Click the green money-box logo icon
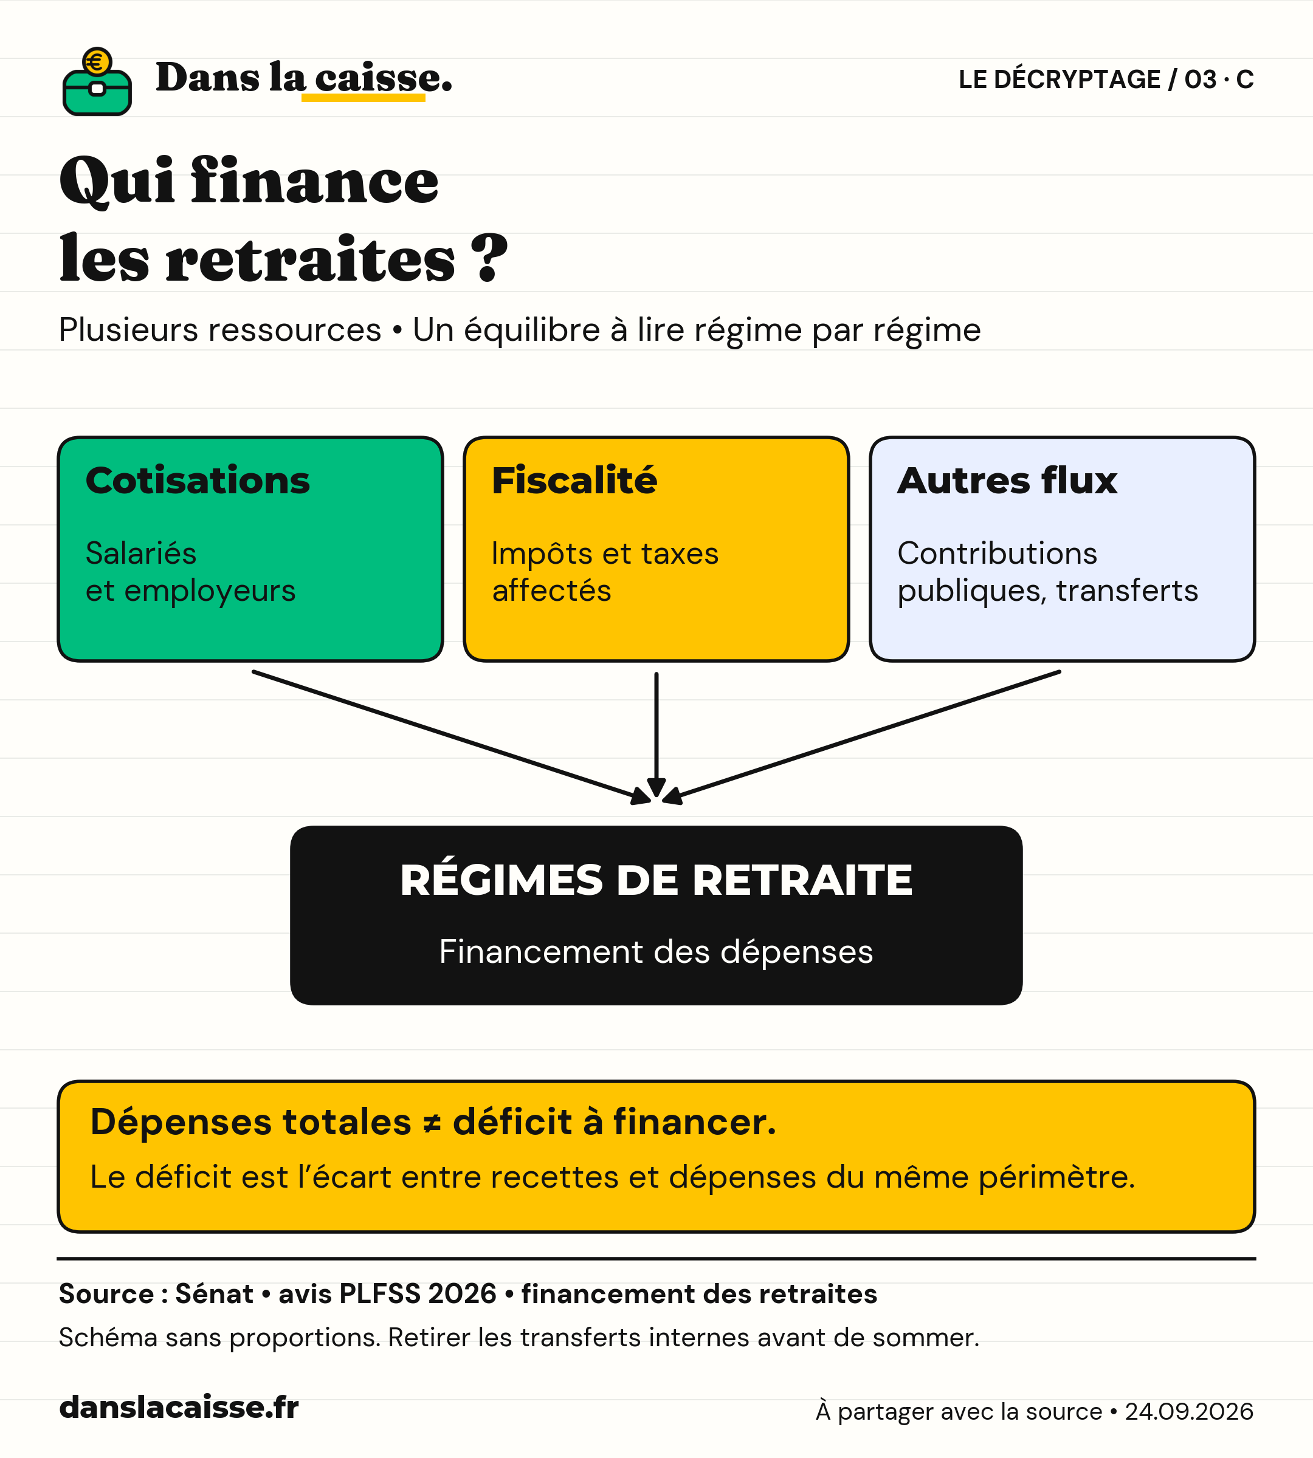[x=97, y=81]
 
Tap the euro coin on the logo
[x=97, y=62]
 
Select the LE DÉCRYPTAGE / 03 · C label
[x=1106, y=80]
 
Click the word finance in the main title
[x=314, y=180]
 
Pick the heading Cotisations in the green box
[x=198, y=481]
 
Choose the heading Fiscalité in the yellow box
[x=574, y=481]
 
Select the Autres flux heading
[x=1007, y=481]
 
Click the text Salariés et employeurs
[x=190, y=572]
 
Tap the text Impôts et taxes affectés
[x=605, y=572]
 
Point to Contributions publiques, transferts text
[x=1047, y=572]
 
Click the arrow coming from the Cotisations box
[x=452, y=737]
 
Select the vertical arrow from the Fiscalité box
[x=656, y=736]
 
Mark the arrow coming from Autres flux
[x=861, y=737]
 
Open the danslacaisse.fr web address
[x=179, y=1407]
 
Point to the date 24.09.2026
[x=1189, y=1411]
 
